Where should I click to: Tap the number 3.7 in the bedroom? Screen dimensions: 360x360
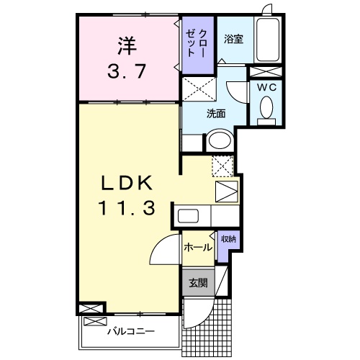[127, 71]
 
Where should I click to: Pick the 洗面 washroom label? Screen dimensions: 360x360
[216, 114]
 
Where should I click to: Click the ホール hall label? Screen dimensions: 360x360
[198, 248]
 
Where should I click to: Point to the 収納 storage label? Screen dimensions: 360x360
[228, 239]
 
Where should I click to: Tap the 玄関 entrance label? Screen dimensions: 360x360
[197, 283]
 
